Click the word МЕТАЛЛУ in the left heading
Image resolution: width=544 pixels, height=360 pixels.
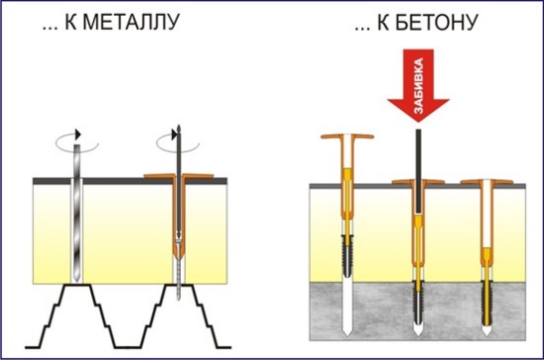point(132,22)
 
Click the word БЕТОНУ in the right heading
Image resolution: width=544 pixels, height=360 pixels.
point(437,23)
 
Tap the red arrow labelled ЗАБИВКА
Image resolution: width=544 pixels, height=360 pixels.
point(418,85)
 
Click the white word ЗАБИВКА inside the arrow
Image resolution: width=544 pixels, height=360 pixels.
point(418,86)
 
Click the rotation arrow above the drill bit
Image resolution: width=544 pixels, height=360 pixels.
point(77,141)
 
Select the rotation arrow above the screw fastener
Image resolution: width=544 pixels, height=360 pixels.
point(178,142)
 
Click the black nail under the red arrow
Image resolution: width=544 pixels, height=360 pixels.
point(418,171)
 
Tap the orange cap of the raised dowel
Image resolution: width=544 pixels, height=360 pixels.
point(347,136)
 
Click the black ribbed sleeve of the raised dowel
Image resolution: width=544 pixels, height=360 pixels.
point(347,255)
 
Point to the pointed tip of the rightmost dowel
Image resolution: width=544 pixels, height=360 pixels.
point(487,331)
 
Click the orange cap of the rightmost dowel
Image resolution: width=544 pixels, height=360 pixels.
point(487,182)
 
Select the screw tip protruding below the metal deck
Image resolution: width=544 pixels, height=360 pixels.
point(179,293)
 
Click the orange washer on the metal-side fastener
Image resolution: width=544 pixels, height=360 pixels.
point(179,176)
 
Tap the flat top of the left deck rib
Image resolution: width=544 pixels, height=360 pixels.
point(77,285)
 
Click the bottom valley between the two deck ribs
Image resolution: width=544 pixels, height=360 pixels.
point(128,347)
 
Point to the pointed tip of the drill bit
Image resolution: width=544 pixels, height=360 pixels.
point(77,280)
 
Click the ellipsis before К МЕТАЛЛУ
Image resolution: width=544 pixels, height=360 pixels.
point(50,29)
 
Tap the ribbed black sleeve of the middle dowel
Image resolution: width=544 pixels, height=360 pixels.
point(418,301)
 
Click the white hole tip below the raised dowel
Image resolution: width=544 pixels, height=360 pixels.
point(347,331)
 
